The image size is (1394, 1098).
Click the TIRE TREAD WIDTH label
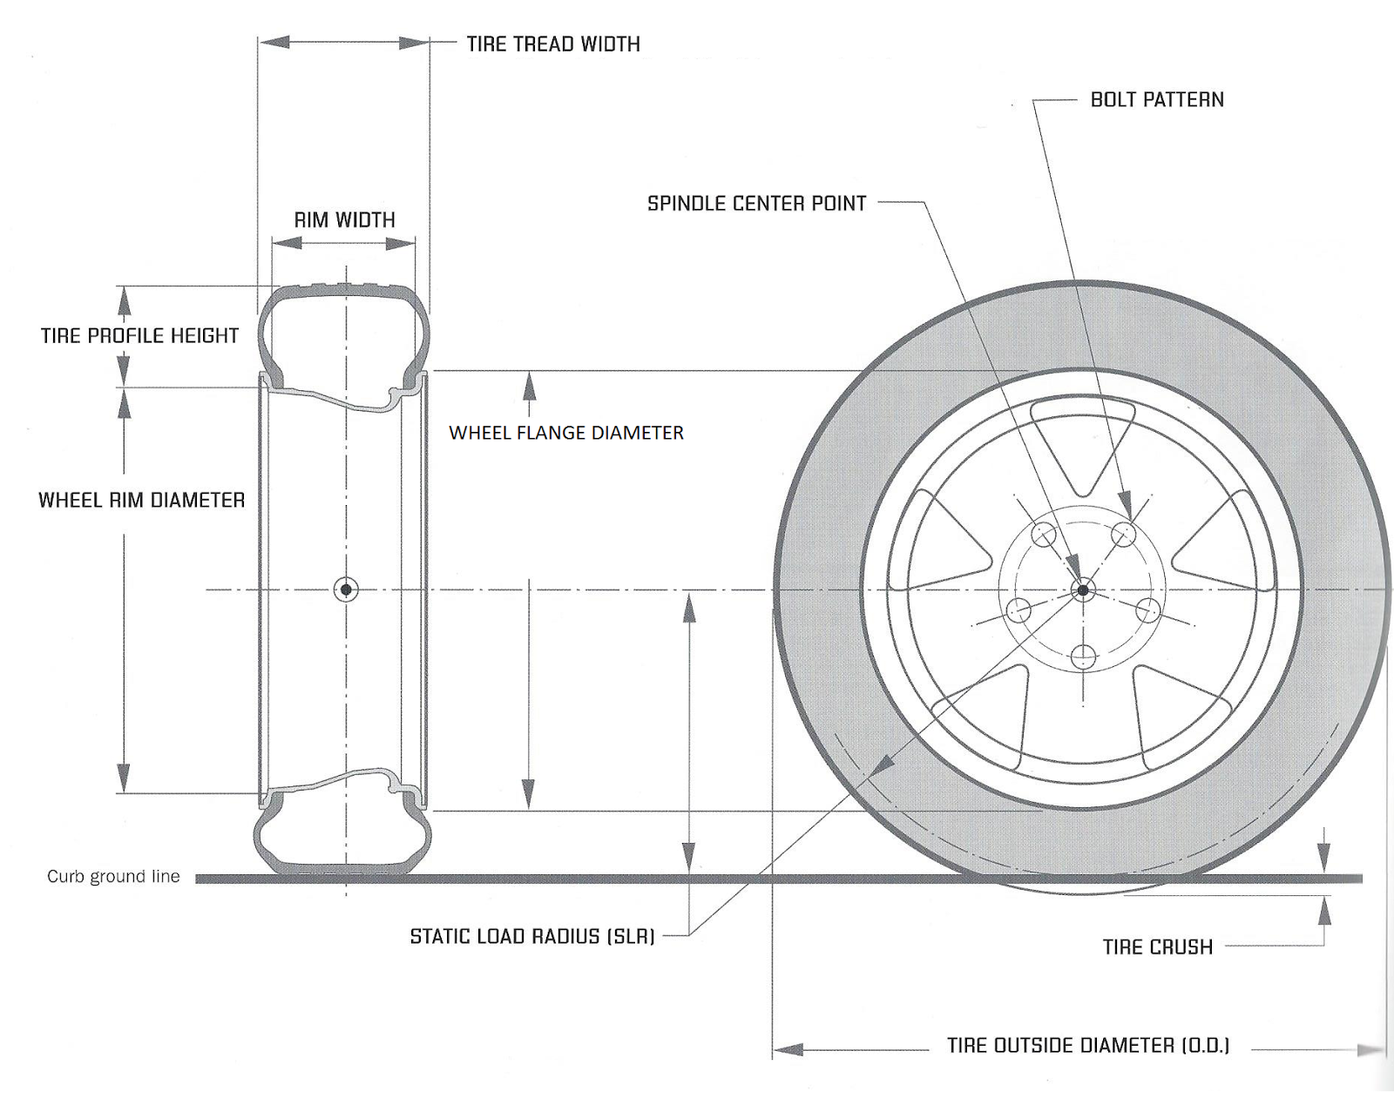click(x=553, y=44)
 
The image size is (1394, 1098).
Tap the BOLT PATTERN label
click(x=1157, y=100)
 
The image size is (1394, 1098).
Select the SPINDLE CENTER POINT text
click(x=756, y=203)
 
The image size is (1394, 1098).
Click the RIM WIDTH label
click(x=345, y=220)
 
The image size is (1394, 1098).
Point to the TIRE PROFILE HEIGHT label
click(x=139, y=335)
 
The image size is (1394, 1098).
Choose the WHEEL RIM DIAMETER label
click(x=141, y=500)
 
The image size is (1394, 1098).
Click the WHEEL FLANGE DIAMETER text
click(x=566, y=433)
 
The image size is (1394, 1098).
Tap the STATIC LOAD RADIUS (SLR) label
click(x=532, y=936)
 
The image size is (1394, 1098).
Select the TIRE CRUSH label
click(x=1158, y=947)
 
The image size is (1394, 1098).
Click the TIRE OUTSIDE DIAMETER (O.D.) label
click(x=1088, y=1046)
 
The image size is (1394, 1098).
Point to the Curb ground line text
click(x=113, y=876)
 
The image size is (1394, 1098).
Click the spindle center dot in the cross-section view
click(x=346, y=589)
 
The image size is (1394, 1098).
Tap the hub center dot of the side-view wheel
click(x=1082, y=589)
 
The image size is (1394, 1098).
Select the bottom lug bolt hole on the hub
click(x=1083, y=657)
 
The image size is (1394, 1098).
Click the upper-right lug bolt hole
click(x=1123, y=535)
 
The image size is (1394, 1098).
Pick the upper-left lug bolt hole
click(x=1044, y=535)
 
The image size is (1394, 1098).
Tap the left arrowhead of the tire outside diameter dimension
click(x=788, y=1049)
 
